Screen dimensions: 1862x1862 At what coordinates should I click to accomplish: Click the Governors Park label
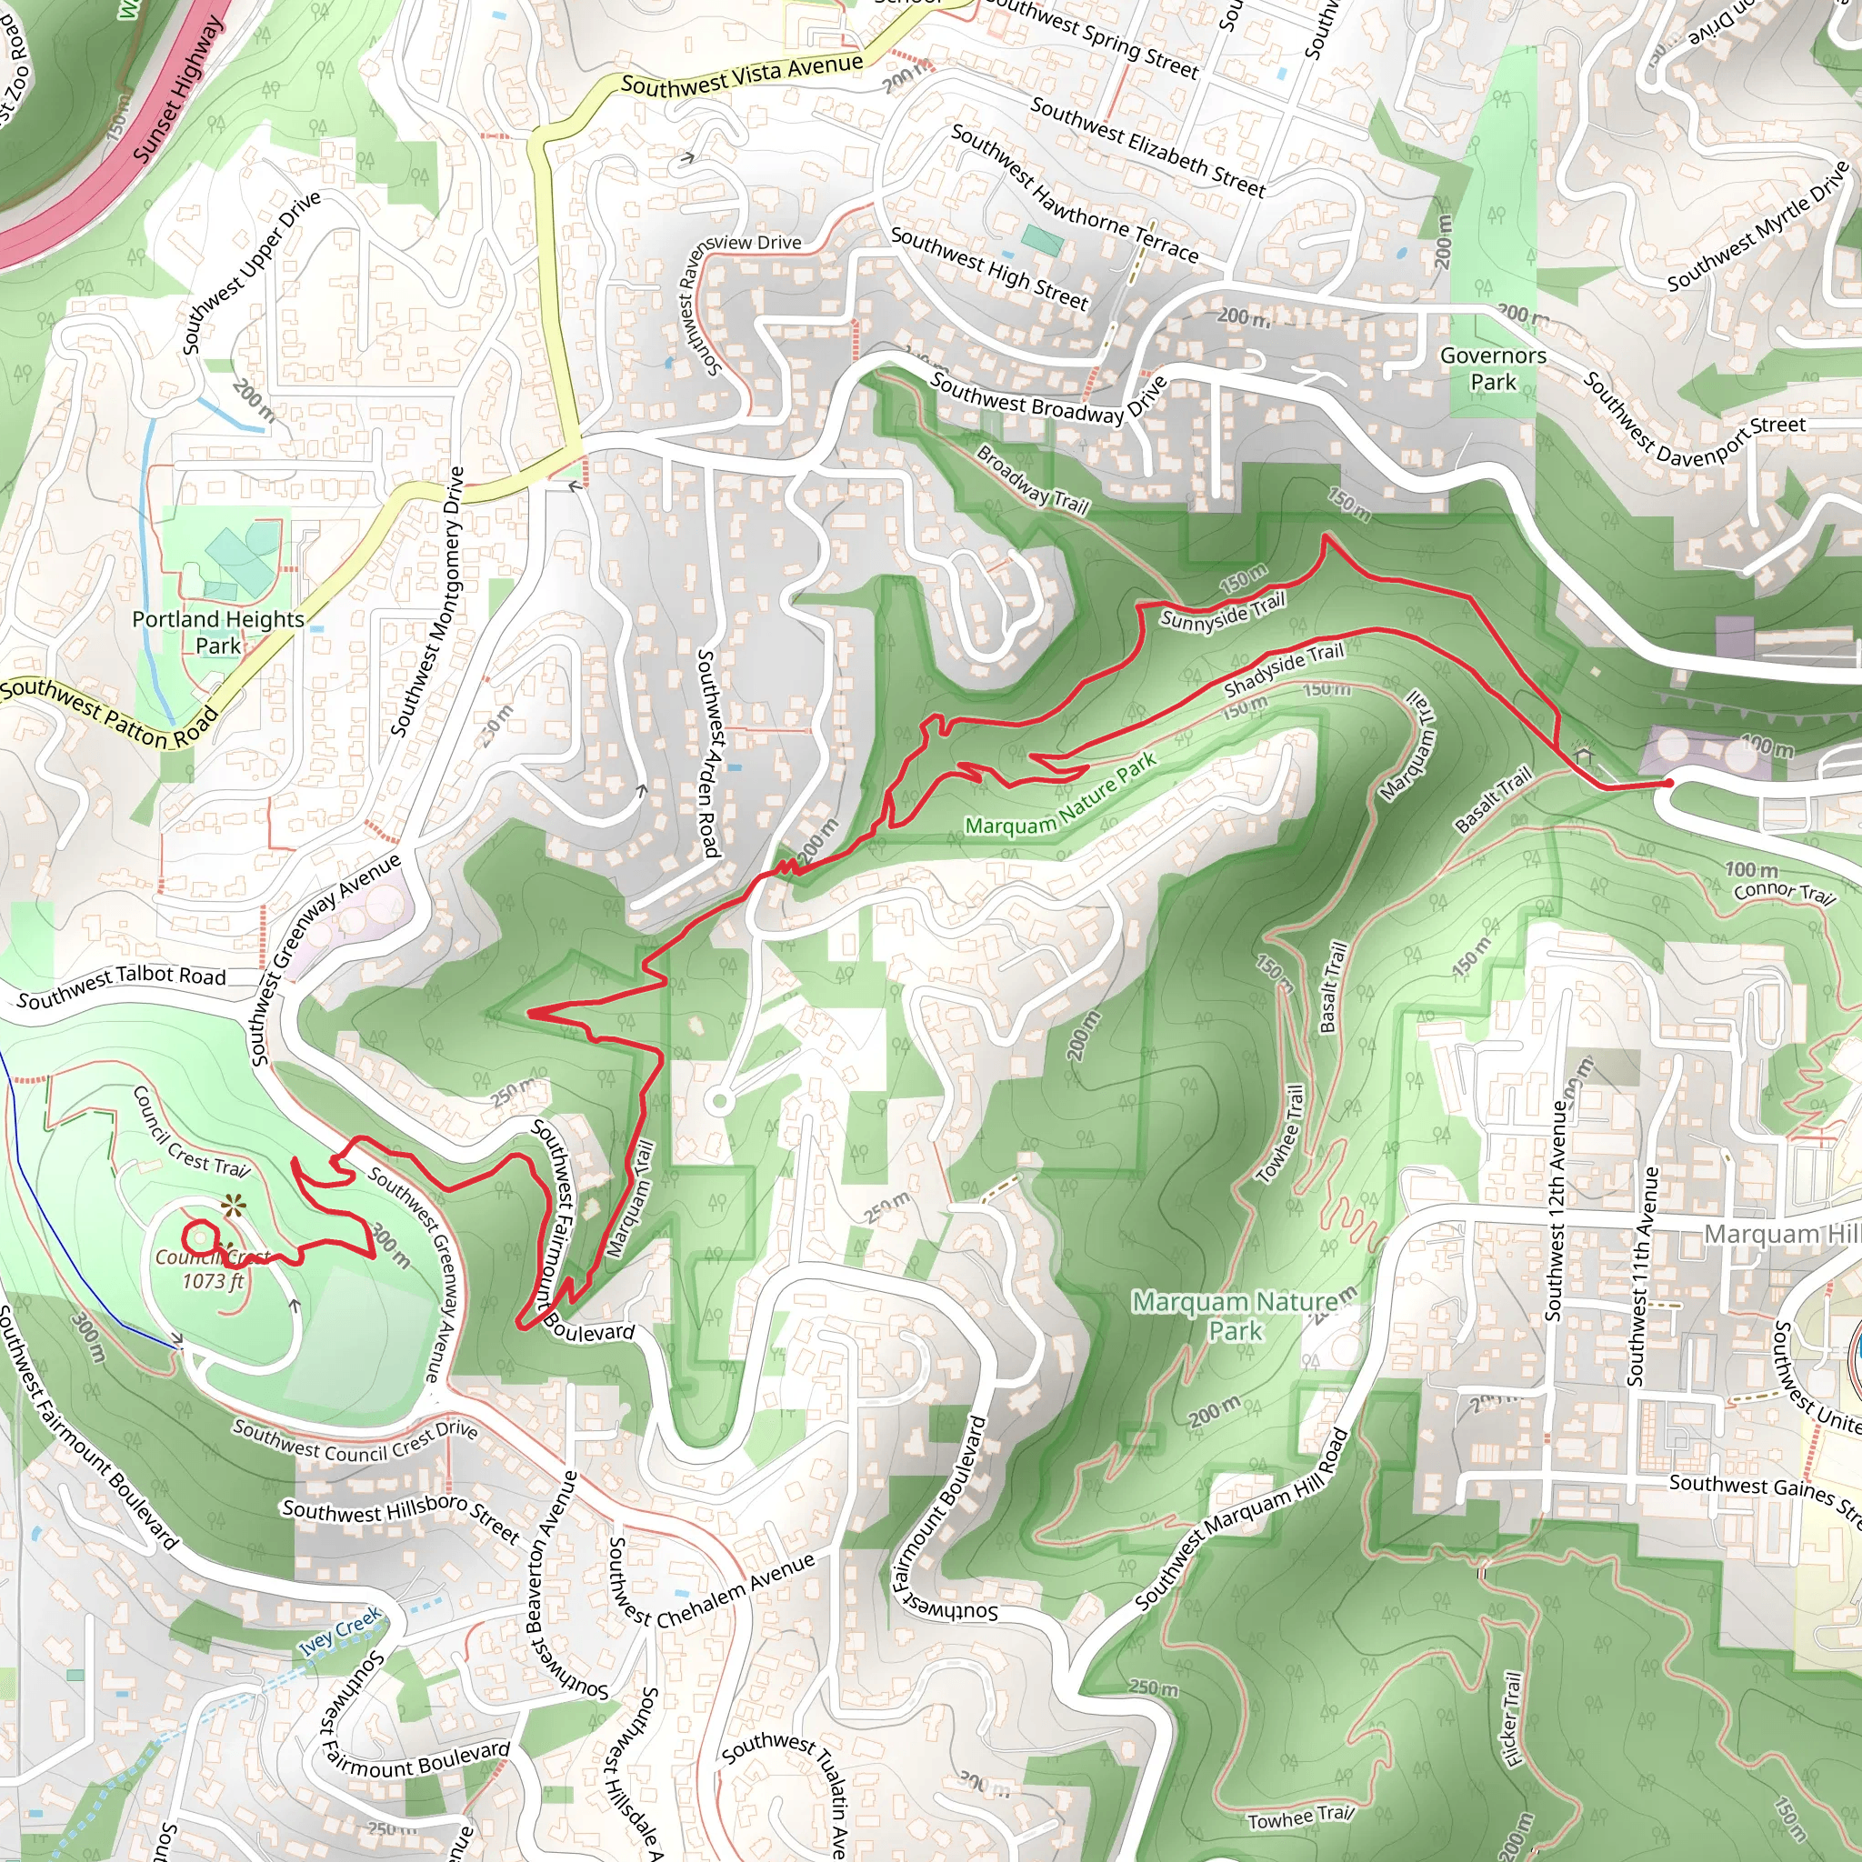pyautogui.click(x=1492, y=369)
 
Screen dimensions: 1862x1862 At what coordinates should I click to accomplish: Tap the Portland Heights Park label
pyautogui.click(x=218, y=632)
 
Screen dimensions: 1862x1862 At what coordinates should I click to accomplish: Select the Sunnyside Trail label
pyautogui.click(x=1222, y=612)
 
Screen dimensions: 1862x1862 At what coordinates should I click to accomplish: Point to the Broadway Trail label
pyautogui.click(x=1031, y=480)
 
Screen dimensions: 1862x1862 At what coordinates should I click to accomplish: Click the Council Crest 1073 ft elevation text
pyautogui.click(x=213, y=1281)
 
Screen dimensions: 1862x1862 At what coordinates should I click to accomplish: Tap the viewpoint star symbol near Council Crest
pyautogui.click(x=232, y=1205)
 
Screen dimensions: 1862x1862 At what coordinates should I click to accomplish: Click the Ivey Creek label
pyautogui.click(x=339, y=1631)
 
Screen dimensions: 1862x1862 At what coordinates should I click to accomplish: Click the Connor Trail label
pyautogui.click(x=1784, y=892)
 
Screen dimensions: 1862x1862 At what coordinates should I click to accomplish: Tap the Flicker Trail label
pyautogui.click(x=1512, y=1719)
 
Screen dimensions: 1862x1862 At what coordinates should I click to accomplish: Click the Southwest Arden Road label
pyautogui.click(x=708, y=753)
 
